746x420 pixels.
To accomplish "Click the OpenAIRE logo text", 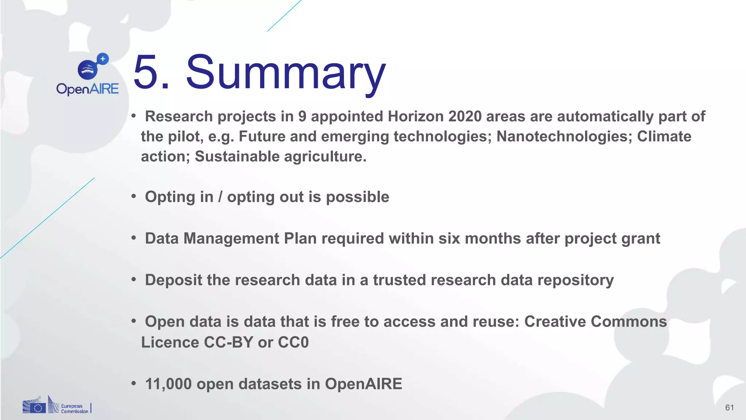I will click(87, 89).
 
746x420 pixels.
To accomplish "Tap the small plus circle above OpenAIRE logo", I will click(103, 59).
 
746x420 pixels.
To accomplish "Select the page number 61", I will click(729, 408).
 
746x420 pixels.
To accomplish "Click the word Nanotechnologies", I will click(564, 136).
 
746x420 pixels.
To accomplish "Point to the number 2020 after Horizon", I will click(464, 117).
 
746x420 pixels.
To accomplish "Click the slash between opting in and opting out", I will click(220, 197).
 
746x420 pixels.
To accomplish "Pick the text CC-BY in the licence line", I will click(228, 342).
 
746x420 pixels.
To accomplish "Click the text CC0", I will click(293, 342).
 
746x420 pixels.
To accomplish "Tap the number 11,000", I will click(168, 384).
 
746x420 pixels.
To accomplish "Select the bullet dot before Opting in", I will click(134, 196).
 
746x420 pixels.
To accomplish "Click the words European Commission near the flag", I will click(74, 408).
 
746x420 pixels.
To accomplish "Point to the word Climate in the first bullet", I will click(664, 136).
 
